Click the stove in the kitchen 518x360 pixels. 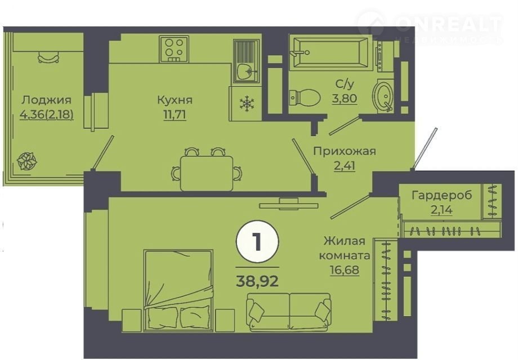(x=174, y=49)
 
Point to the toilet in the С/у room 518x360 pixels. (x=305, y=97)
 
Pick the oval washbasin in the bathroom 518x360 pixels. (x=383, y=94)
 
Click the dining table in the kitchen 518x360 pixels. (x=207, y=174)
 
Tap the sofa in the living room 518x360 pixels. (x=289, y=312)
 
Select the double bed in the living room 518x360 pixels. (x=178, y=290)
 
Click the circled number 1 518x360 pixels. (x=257, y=242)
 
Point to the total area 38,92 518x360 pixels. (x=257, y=281)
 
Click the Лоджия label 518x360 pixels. (x=47, y=100)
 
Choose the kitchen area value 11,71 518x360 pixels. (x=175, y=115)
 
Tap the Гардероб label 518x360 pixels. (x=441, y=195)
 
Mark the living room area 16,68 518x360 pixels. (x=345, y=270)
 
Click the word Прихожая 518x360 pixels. (x=345, y=151)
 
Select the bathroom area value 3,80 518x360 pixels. (x=345, y=98)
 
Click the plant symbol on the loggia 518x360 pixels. (x=27, y=161)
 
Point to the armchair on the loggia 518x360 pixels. (x=48, y=57)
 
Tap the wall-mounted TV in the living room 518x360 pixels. (x=288, y=204)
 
